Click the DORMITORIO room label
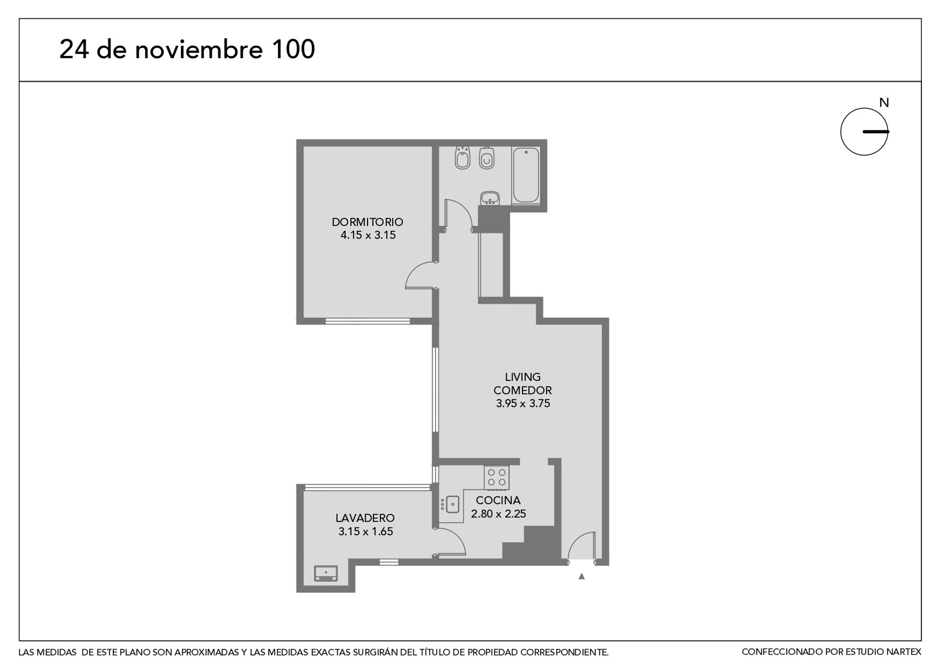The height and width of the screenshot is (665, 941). coord(367,222)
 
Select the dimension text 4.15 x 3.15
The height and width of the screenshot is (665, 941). coord(368,235)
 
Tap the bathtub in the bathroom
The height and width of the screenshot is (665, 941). coord(526,175)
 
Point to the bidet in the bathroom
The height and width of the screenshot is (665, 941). coord(462,157)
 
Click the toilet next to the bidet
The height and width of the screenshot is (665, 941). coord(487,158)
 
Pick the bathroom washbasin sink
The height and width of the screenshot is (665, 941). coord(490,198)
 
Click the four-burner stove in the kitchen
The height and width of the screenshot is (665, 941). coord(496,478)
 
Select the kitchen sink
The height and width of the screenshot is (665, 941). coord(452,504)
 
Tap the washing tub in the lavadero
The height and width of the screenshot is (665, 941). coord(326,573)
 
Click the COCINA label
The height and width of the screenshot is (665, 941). coord(498,500)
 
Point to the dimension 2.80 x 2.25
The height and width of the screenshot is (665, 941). coord(498,514)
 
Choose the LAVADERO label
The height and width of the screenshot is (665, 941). coord(365,518)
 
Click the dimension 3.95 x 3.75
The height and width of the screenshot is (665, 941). coord(523,403)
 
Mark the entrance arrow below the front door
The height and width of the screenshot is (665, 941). coord(582,576)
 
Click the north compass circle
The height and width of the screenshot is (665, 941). coord(841,132)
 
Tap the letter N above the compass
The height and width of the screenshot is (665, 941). coord(884,103)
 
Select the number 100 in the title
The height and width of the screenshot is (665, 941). coord(293,49)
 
